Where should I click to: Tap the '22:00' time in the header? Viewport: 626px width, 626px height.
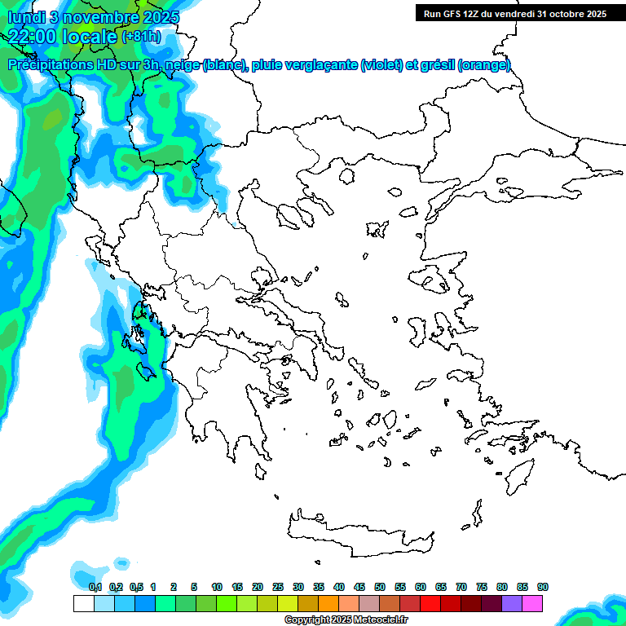pyautogui.click(x=33, y=35)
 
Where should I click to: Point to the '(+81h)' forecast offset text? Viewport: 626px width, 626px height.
pyautogui.click(x=141, y=36)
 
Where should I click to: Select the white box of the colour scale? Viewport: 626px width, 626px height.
pyautogui.click(x=83, y=603)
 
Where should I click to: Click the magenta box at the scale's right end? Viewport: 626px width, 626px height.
pyautogui.click(x=532, y=603)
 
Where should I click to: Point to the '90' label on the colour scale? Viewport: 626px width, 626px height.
pyautogui.click(x=543, y=587)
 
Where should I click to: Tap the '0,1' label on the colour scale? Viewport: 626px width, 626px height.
pyautogui.click(x=95, y=587)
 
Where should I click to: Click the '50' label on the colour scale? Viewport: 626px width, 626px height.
pyautogui.click(x=380, y=587)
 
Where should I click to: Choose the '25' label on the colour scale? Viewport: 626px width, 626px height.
pyautogui.click(x=278, y=587)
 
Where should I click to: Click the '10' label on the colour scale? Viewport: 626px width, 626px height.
pyautogui.click(x=217, y=587)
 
